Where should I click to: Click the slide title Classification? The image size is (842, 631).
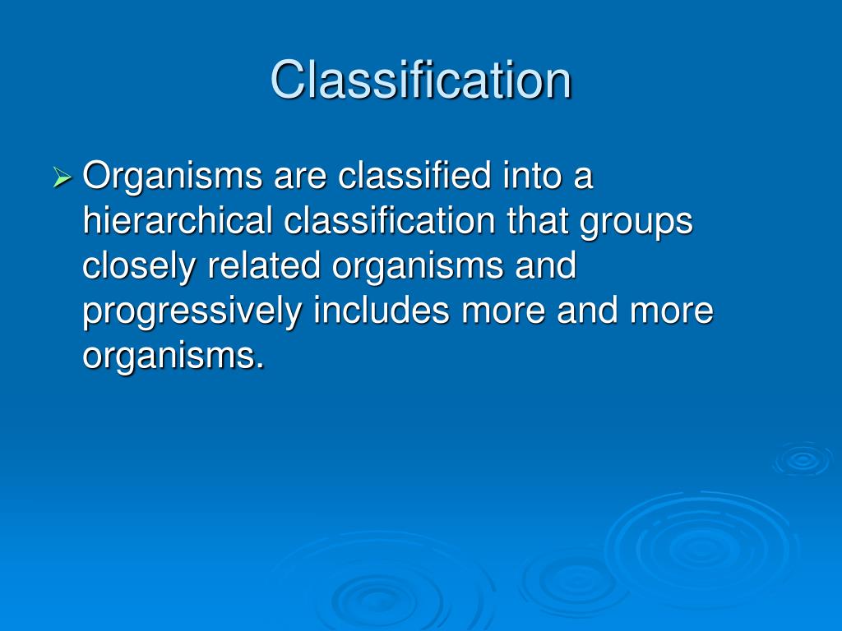[421, 80]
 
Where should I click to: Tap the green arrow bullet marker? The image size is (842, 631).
[62, 177]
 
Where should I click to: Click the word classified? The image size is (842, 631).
[414, 175]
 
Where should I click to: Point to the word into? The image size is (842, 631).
[532, 175]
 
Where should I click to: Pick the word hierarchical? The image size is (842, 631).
[178, 220]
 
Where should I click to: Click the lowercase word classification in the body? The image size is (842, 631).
[389, 220]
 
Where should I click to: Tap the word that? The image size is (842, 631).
[537, 220]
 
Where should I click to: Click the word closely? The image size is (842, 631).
[139, 267]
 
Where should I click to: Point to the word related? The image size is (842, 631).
[264, 265]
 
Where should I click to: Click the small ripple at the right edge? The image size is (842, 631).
[803, 459]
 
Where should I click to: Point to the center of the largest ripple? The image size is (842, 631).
[701, 548]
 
